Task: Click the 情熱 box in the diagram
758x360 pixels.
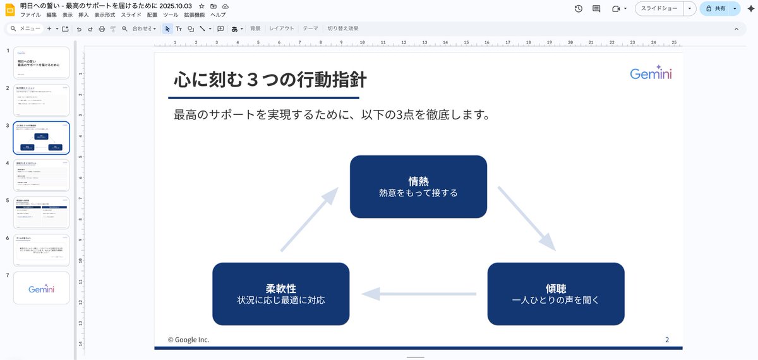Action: coord(418,186)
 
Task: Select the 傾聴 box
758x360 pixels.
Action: coord(556,294)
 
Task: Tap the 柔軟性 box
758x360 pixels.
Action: coord(280,294)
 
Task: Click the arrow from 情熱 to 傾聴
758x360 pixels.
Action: coord(526,218)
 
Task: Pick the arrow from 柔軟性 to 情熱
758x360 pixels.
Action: coord(309,220)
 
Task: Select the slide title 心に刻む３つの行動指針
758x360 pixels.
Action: coord(270,80)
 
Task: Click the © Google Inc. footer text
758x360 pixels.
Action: coord(188,340)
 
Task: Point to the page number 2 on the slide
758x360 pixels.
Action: coord(667,340)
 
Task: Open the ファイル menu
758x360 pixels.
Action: coord(30,15)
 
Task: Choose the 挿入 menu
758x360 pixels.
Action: coord(83,15)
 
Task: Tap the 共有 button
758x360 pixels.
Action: coord(715,9)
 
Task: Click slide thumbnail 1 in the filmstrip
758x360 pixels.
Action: coord(41,62)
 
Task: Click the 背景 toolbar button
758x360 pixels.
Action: coord(255,28)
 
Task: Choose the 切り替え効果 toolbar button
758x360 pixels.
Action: coord(342,28)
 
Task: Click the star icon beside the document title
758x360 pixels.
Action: coord(202,6)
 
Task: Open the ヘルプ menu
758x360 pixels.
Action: coord(218,15)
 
